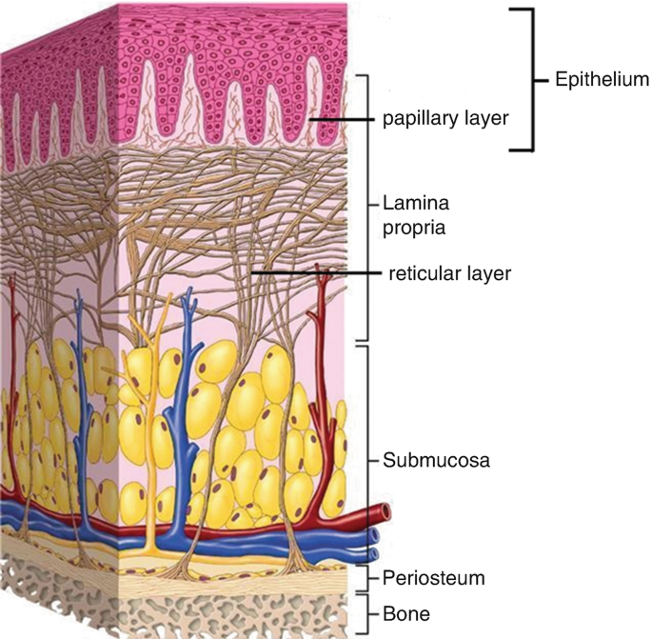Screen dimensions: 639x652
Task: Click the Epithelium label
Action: tap(602, 80)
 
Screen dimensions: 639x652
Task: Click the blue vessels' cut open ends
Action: tap(374, 545)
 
